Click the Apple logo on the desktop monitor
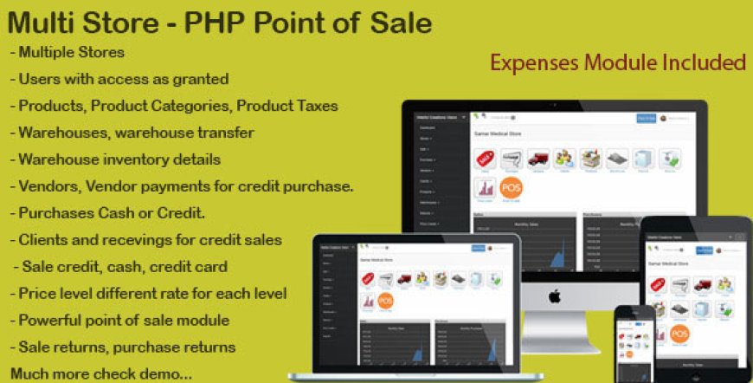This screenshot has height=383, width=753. pyautogui.click(x=554, y=295)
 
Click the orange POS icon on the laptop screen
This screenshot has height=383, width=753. pyautogui.click(x=384, y=302)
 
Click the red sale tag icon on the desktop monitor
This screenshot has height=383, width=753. pyautogui.click(x=485, y=159)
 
